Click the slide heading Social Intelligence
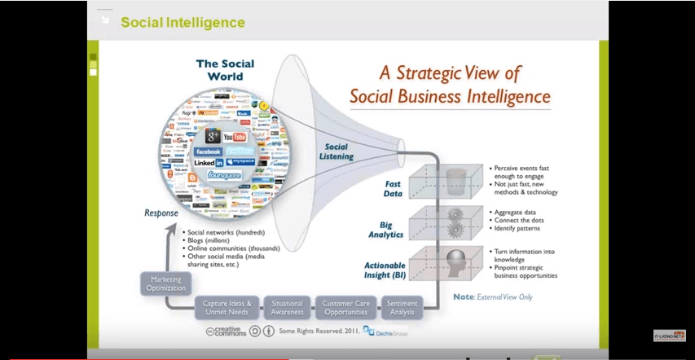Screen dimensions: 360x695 (183, 22)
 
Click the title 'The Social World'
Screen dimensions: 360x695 (225, 70)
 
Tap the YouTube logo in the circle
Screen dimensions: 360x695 (235, 137)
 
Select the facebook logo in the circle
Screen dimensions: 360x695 (209, 151)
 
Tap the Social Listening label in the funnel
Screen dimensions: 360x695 (336, 151)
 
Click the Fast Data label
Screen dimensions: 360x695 (393, 189)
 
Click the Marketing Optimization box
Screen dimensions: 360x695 (166, 283)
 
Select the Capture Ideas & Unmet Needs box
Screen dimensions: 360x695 (227, 308)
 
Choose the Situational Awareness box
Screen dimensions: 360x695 (287, 308)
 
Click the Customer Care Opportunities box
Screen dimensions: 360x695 (345, 308)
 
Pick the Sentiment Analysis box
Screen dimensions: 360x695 (402, 308)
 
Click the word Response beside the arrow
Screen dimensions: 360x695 (161, 213)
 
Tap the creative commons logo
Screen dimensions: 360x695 (224, 331)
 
